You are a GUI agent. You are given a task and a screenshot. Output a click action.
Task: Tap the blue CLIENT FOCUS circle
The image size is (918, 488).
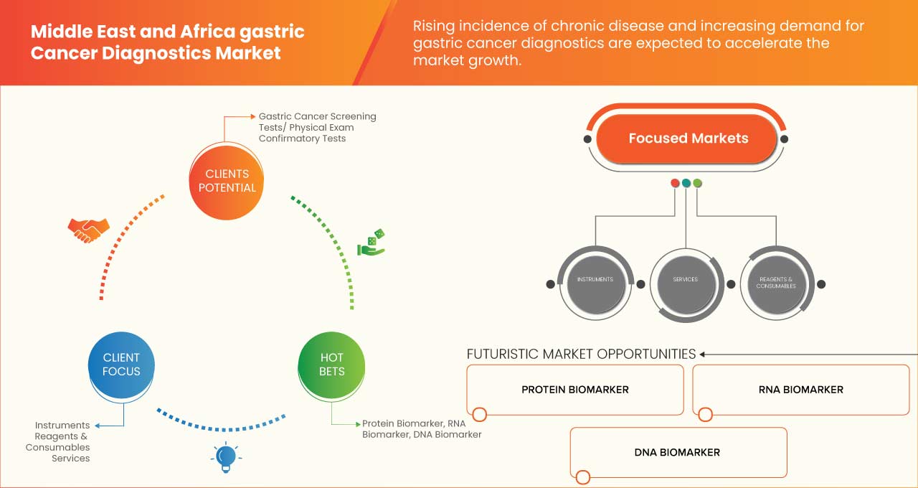point(121,365)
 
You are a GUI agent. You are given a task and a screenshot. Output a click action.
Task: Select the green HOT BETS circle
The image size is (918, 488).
point(331,365)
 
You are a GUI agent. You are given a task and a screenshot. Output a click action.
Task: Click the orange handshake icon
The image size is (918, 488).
point(88,230)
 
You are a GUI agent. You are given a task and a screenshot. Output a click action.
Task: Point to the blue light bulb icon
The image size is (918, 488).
point(226,456)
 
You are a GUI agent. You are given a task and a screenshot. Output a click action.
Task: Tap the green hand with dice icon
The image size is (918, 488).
point(372,243)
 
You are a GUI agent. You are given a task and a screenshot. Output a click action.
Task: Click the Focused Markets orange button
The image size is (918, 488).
point(687,139)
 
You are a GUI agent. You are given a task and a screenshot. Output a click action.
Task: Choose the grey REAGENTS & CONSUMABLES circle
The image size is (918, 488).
point(775,283)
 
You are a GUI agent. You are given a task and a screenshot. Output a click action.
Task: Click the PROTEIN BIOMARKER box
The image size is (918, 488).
point(574,390)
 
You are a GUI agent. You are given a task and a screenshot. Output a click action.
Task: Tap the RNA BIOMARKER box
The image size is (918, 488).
point(800,390)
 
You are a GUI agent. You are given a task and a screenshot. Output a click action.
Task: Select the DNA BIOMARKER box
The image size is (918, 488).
point(677,452)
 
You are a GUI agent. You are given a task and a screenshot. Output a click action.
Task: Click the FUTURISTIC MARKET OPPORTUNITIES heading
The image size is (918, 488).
point(581,354)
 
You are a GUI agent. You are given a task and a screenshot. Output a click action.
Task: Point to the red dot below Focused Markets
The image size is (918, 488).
point(675,183)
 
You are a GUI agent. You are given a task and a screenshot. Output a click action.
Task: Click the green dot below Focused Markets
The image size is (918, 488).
point(698,183)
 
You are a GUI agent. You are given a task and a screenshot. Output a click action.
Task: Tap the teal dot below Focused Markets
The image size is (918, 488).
point(686,183)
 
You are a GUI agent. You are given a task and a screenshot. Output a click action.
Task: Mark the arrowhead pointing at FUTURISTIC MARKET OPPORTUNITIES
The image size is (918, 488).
point(703,354)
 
